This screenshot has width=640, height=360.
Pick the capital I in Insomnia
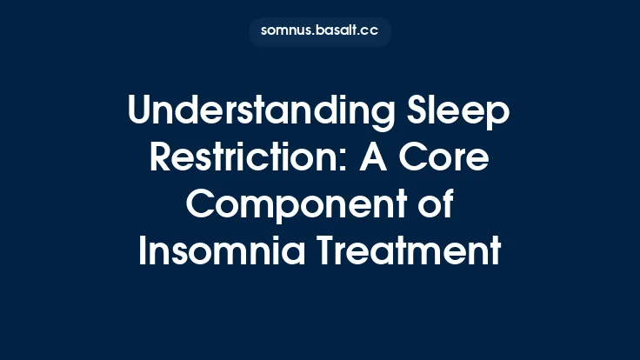pos(143,253)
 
